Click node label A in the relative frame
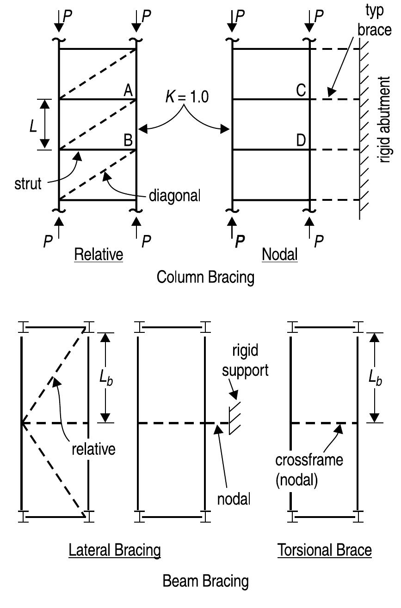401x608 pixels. tap(128, 91)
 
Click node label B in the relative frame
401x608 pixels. tap(128, 141)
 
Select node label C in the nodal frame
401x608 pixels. tap(301, 91)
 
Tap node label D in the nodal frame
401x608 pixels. tap(301, 141)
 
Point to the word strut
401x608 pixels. tap(27, 183)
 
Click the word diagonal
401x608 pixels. tap(174, 195)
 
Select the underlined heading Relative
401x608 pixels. tap(99, 254)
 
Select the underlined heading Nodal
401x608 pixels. tap(280, 254)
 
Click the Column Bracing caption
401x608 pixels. tap(205, 277)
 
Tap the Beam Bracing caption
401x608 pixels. tap(205, 581)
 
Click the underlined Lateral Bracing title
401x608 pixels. tap(115, 550)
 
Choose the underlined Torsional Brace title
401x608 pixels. tap(325, 550)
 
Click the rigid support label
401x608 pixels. tap(250, 361)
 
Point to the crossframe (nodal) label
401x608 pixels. tap(309, 470)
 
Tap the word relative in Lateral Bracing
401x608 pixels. tap(93, 449)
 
